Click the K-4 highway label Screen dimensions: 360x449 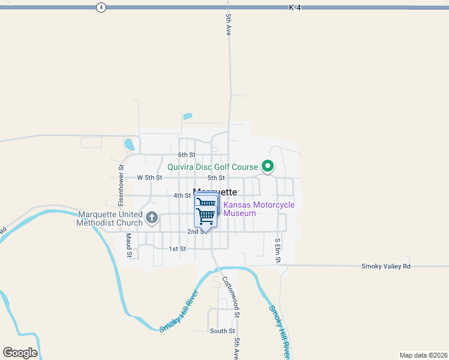click(294, 7)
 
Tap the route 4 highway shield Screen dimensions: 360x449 click(101, 7)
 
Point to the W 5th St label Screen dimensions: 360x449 click(149, 178)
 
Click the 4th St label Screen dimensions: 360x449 click(182, 196)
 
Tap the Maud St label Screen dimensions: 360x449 click(128, 245)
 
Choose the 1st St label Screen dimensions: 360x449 click(177, 248)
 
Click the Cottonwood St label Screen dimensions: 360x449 click(232, 296)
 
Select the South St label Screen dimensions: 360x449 click(222, 331)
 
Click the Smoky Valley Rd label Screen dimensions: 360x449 click(386, 266)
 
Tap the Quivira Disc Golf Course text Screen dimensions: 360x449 click(212, 167)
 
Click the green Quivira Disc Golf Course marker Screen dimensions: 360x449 click(268, 167)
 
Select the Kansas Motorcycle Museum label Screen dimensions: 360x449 click(259, 209)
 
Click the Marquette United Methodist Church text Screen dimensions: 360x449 click(110, 218)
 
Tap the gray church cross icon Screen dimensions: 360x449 click(152, 218)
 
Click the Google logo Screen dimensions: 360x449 click(20, 353)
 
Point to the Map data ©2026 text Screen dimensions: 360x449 click(423, 355)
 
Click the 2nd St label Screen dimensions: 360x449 click(196, 232)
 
